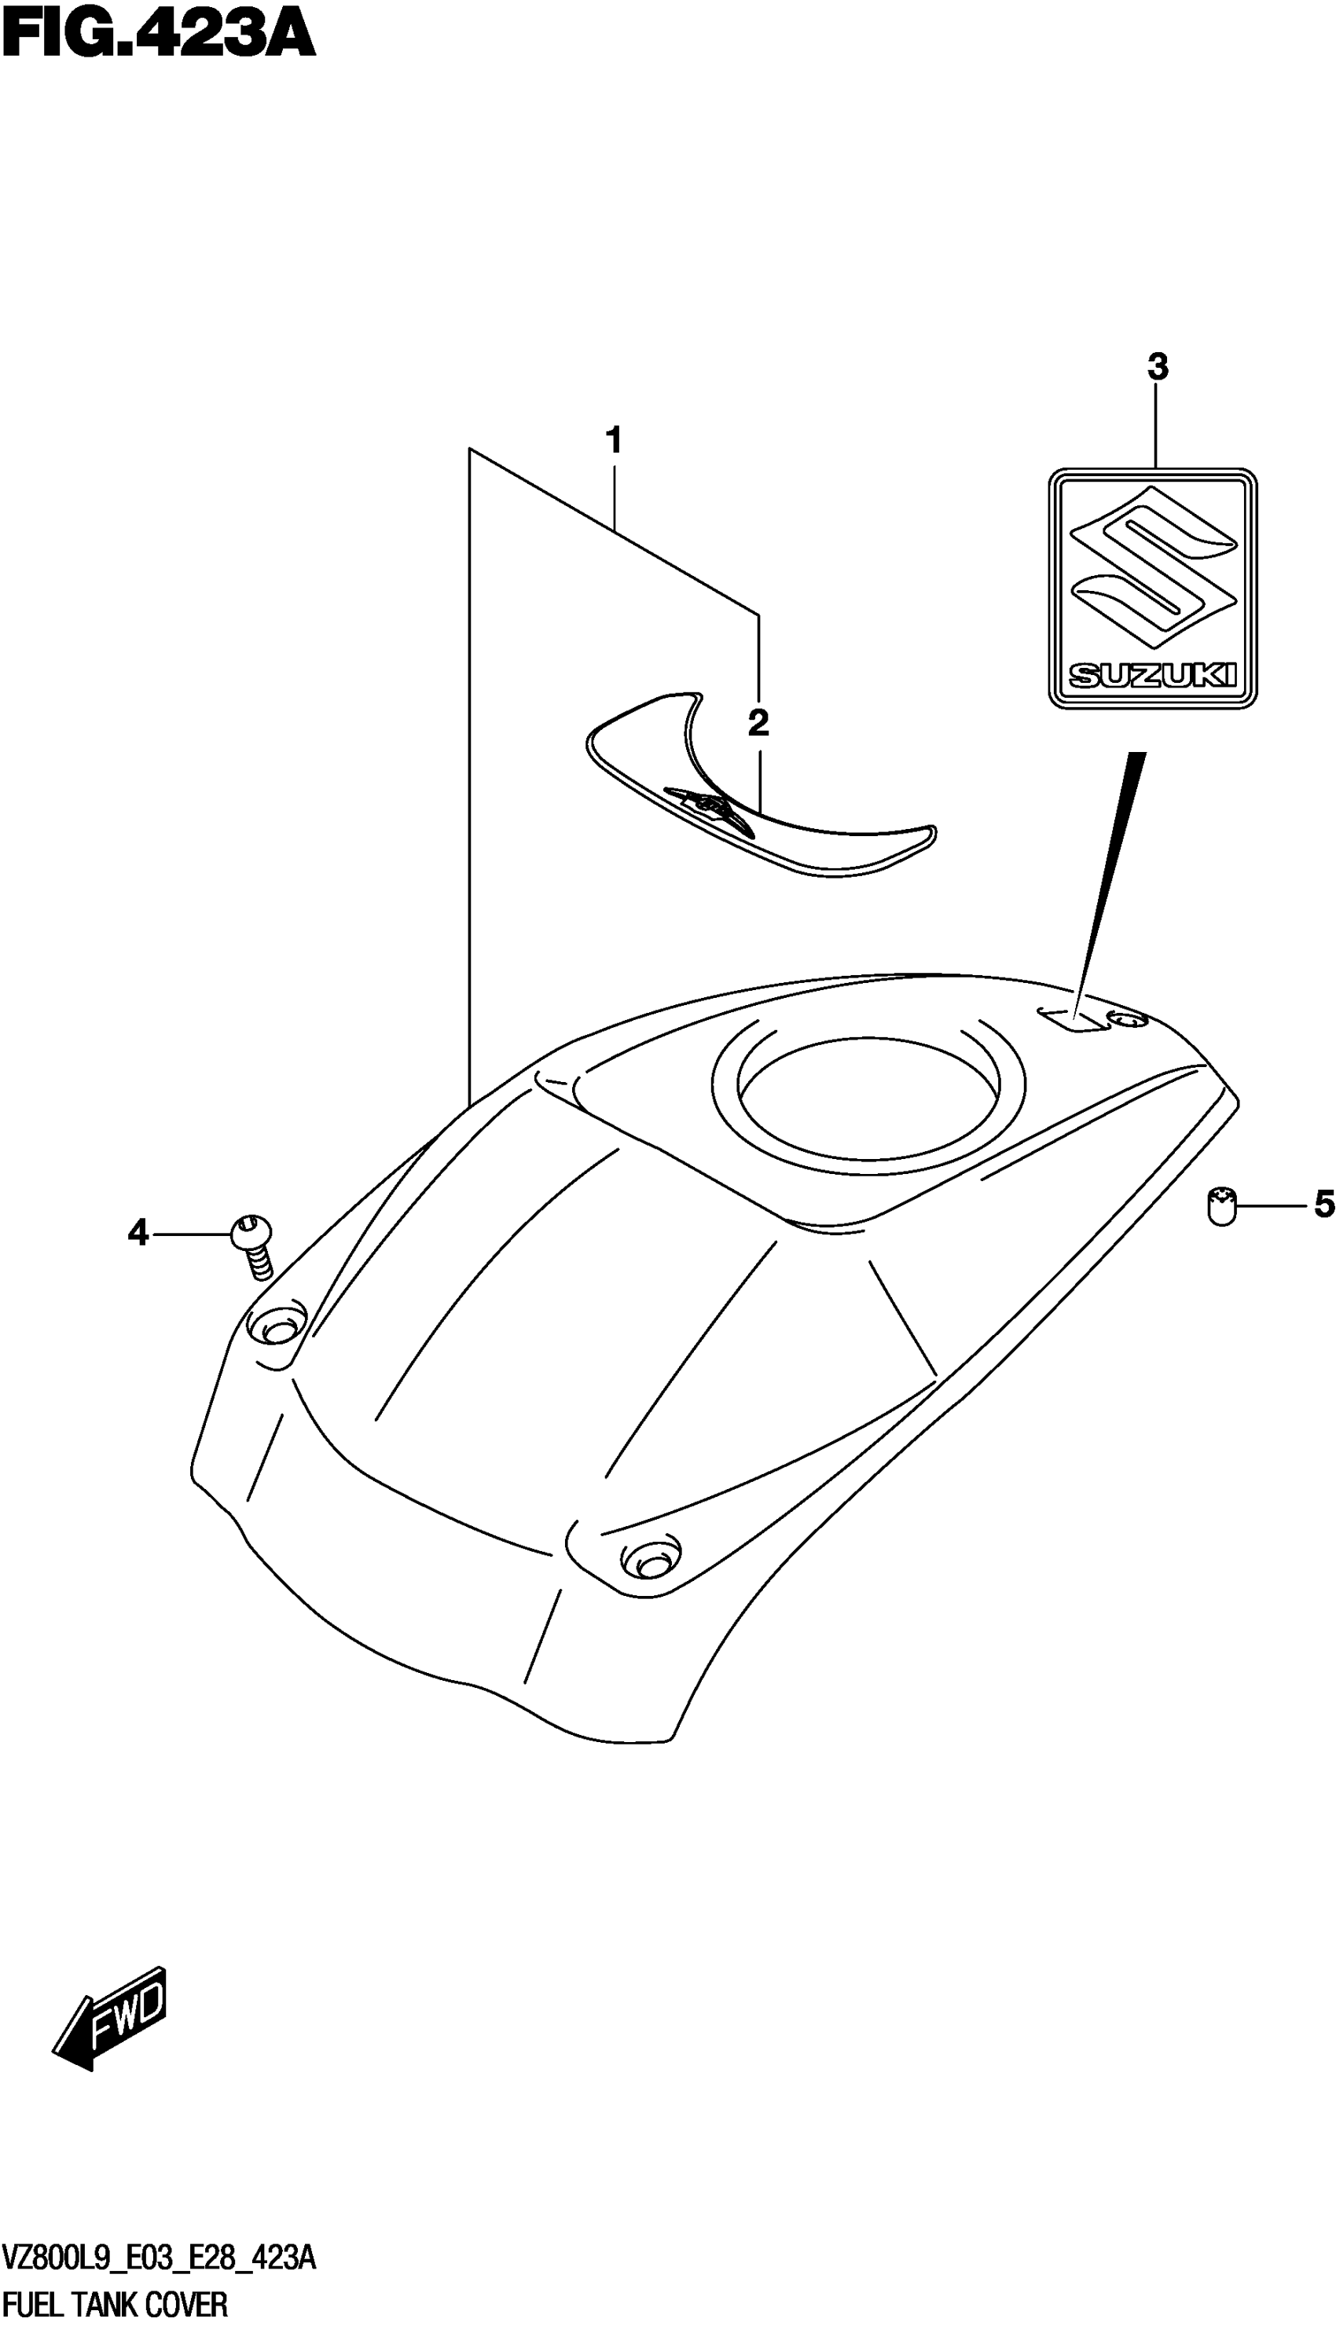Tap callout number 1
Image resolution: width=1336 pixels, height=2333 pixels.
(x=614, y=442)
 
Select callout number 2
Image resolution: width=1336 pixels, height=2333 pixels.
(x=758, y=724)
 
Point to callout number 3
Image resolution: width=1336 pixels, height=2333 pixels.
(x=1157, y=368)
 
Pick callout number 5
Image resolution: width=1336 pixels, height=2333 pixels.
(x=1322, y=1205)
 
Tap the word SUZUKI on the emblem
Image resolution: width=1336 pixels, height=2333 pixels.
(x=1152, y=676)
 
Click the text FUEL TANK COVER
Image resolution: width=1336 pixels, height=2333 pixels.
(x=116, y=2305)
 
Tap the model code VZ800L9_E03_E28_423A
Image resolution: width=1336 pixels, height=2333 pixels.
(x=159, y=2258)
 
